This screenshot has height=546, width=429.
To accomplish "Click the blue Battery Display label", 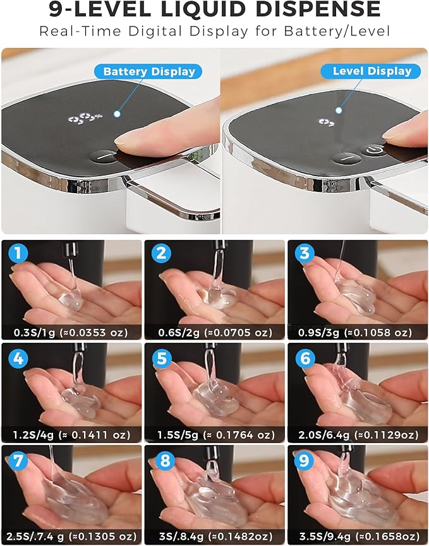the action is [148, 72].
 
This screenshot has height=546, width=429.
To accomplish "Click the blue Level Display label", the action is [371, 71].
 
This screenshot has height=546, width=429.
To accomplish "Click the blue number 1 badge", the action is [18, 253].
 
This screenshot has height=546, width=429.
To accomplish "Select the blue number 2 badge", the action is [161, 253].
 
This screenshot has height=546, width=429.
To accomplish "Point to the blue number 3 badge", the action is [305, 253].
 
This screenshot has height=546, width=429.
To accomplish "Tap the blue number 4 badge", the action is [18, 359].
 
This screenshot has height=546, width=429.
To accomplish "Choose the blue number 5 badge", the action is [161, 359].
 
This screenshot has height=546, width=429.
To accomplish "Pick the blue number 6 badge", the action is [305, 359].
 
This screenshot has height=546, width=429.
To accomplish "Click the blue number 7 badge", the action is [18, 461].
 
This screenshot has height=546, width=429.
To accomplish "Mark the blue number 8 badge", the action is [165, 461].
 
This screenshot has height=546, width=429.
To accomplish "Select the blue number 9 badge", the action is [304, 461].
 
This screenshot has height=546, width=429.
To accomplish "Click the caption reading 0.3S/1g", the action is [34, 333].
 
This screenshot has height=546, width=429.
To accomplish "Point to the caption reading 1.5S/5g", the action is [178, 435].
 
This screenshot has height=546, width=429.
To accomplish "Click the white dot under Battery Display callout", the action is [117, 114].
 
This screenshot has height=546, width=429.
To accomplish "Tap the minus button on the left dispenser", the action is [104, 157].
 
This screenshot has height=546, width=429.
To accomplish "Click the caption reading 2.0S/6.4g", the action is [323, 435].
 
